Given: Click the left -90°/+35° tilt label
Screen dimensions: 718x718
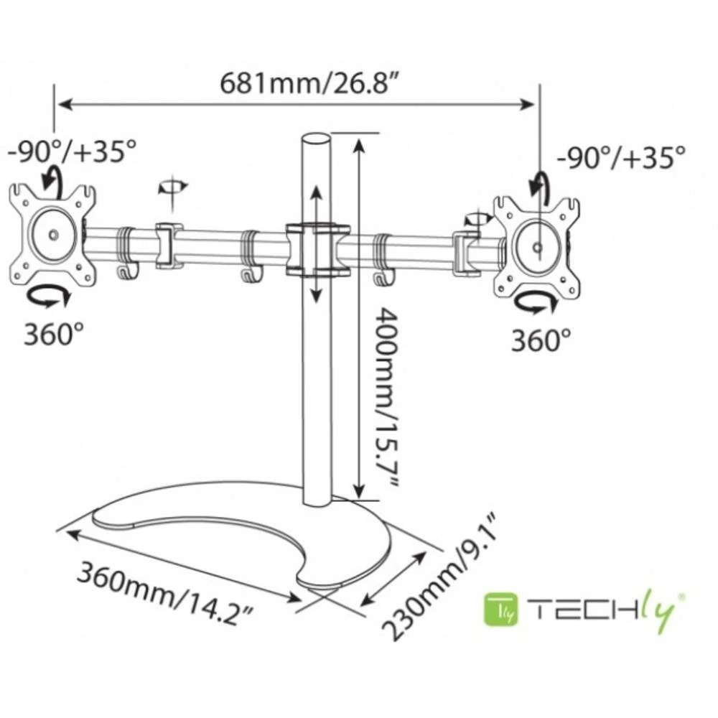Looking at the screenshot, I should point(72,151).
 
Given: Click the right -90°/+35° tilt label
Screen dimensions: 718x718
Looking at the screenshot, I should point(622,156).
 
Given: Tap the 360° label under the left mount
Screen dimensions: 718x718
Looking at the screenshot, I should point(54,334).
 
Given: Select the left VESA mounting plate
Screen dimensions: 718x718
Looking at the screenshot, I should point(52,234).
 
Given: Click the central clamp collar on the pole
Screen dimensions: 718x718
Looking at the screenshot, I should point(316,249).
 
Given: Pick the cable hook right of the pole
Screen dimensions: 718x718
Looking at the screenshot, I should point(380,278).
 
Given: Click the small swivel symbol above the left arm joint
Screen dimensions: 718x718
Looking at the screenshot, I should point(172,187).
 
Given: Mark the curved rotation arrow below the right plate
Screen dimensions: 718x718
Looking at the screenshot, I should point(538,304).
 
